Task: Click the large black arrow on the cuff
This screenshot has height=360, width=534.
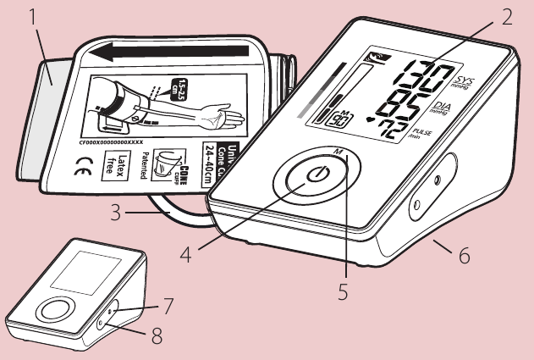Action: [x=169, y=58]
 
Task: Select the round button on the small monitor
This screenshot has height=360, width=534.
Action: [x=53, y=310]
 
